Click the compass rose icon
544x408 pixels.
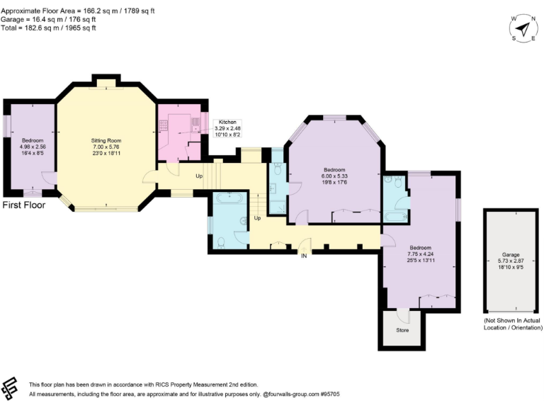(523, 28)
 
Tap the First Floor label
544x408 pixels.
(24, 205)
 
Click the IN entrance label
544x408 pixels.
(304, 256)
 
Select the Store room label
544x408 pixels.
(402, 329)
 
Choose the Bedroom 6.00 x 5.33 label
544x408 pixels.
(334, 175)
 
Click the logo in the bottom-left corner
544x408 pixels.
(10, 386)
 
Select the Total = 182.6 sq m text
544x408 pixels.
(49, 28)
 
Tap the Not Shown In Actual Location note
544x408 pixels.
(511, 325)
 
